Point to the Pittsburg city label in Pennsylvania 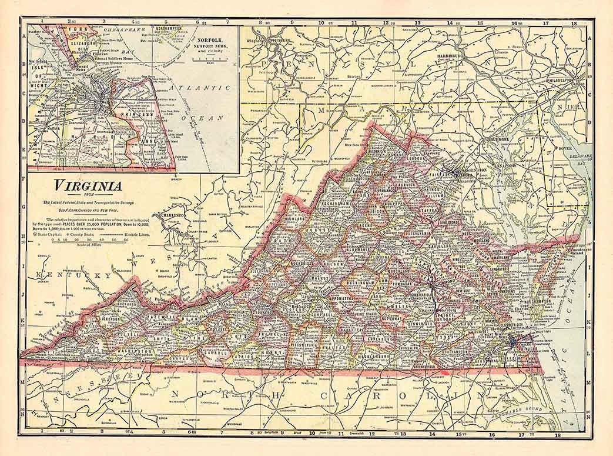tap(279, 40)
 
